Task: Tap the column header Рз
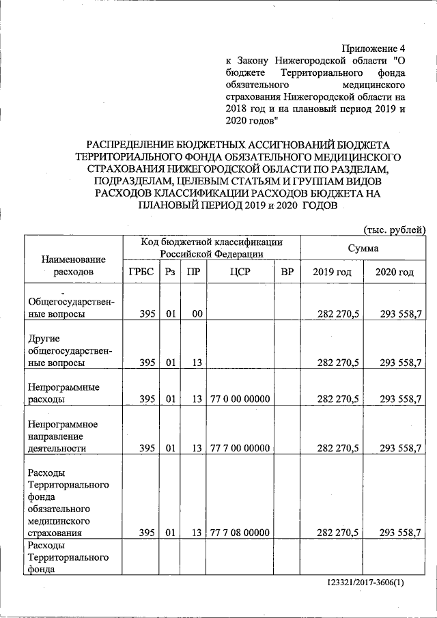click(x=170, y=272)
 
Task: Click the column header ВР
click(x=287, y=272)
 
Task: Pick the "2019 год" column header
click(x=332, y=272)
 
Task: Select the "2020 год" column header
click(x=395, y=272)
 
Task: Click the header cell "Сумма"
click(x=363, y=249)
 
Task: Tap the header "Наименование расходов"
click(x=73, y=266)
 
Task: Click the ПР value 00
click(x=197, y=314)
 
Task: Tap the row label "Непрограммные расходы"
click(x=63, y=393)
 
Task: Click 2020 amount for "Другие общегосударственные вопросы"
click(x=400, y=363)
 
